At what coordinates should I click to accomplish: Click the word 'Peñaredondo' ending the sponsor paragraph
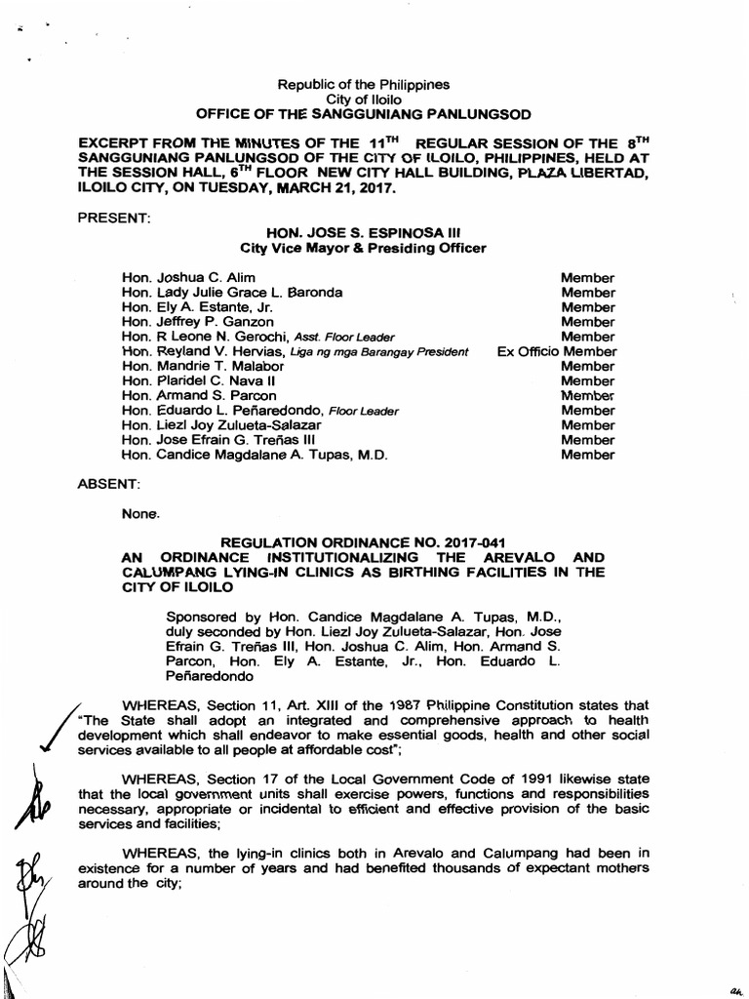tap(211, 675)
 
